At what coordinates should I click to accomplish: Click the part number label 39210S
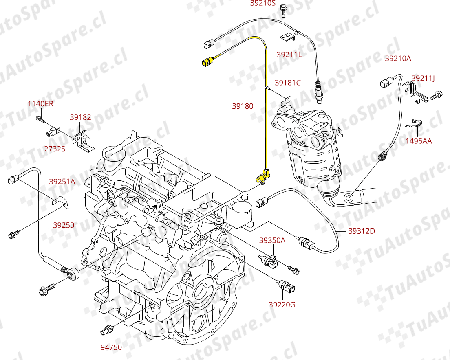click(x=263, y=4)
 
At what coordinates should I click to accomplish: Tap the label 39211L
click(x=289, y=54)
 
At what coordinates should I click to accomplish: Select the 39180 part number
click(x=243, y=106)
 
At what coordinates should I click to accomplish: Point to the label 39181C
click(x=287, y=83)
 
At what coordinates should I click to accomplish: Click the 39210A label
click(x=398, y=59)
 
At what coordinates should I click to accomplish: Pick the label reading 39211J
click(x=423, y=78)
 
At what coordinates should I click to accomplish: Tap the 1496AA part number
click(x=419, y=141)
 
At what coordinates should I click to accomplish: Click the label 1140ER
click(x=40, y=104)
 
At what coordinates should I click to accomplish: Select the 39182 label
click(x=80, y=117)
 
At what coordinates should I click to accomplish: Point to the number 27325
click(x=55, y=149)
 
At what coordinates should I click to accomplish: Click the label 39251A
click(x=62, y=182)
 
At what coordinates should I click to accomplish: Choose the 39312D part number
click(x=362, y=231)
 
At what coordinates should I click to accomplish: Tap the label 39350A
click(x=272, y=240)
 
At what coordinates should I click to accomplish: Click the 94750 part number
click(x=111, y=347)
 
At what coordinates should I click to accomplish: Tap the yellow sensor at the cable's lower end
click(x=261, y=177)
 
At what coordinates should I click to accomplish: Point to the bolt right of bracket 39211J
click(x=435, y=96)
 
